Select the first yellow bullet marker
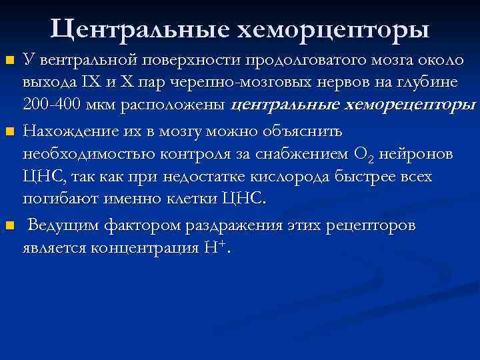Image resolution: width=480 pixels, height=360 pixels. click(x=9, y=62)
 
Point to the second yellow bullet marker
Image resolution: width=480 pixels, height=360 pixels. click(x=9, y=132)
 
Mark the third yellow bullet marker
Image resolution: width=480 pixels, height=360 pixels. click(x=9, y=226)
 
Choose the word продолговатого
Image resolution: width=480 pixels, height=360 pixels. click(x=292, y=61)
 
